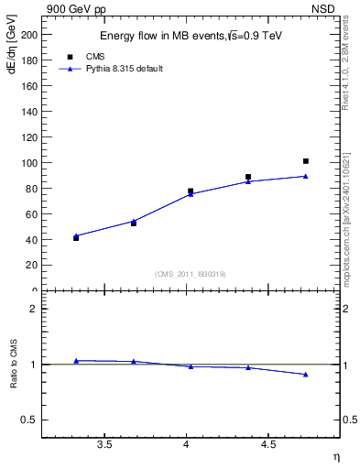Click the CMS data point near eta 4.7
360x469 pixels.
click(x=306, y=161)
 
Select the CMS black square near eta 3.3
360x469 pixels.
click(x=76, y=238)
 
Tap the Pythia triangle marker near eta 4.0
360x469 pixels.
click(x=191, y=194)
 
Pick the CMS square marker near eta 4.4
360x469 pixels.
click(x=248, y=177)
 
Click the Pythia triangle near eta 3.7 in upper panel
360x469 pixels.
click(x=134, y=221)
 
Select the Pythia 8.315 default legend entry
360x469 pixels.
click(x=124, y=69)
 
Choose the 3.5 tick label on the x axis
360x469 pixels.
click(x=105, y=445)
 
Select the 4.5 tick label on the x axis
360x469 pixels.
click(x=268, y=445)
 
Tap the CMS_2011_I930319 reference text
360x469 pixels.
click(x=190, y=274)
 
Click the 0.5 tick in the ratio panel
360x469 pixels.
click(x=29, y=420)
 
